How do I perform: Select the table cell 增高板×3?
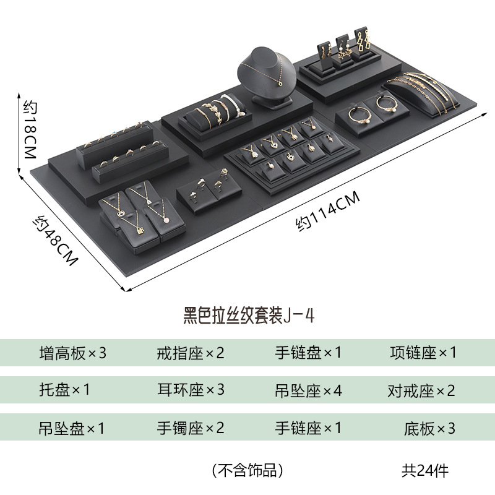(73, 353)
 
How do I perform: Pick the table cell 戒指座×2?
(191, 353)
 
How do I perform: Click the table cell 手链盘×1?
(308, 353)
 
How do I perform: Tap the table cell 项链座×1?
(423, 353)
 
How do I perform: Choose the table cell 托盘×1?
(64, 390)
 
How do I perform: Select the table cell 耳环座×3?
(191, 390)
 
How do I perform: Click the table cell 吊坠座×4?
(308, 390)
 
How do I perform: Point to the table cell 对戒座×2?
(421, 390)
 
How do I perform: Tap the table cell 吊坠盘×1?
(73, 428)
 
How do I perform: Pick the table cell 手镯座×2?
(191, 428)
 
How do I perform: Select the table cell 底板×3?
(429, 428)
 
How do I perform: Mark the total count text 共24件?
(424, 470)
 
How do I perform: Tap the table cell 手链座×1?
(308, 428)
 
